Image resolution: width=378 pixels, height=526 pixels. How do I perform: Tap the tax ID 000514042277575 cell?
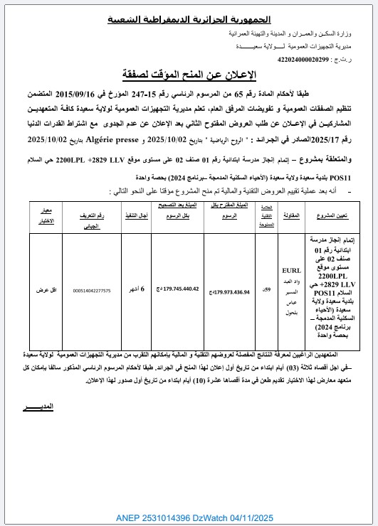[87, 291]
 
